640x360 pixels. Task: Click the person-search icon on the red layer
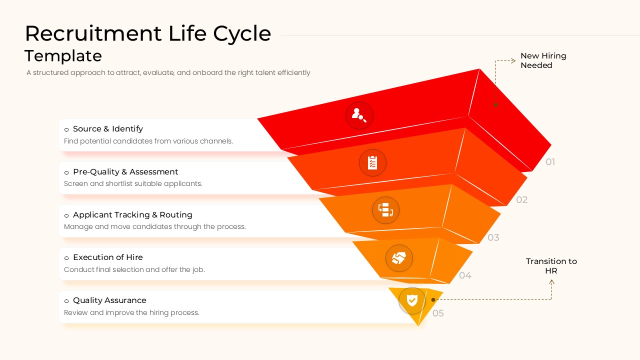[359, 115]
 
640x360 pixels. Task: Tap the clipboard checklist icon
[372, 162]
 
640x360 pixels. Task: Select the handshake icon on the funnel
[399, 258]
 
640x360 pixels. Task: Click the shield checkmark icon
[412, 300]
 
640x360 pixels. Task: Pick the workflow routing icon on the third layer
[385, 210]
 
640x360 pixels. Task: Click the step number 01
[550, 162]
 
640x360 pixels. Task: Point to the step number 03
[493, 237]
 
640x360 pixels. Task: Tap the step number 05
[438, 313]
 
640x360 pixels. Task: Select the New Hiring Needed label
[543, 60]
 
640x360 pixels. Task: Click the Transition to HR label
[551, 266]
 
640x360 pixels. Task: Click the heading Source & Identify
[107, 129]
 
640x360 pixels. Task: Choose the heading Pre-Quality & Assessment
[125, 172]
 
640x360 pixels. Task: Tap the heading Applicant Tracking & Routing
[132, 215]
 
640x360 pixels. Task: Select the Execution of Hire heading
[107, 257]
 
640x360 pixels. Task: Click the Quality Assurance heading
[109, 300]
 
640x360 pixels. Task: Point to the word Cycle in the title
[242, 34]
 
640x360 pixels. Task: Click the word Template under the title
[63, 55]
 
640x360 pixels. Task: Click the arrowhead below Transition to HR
[552, 282]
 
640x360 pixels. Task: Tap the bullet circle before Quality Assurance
[66, 301]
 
